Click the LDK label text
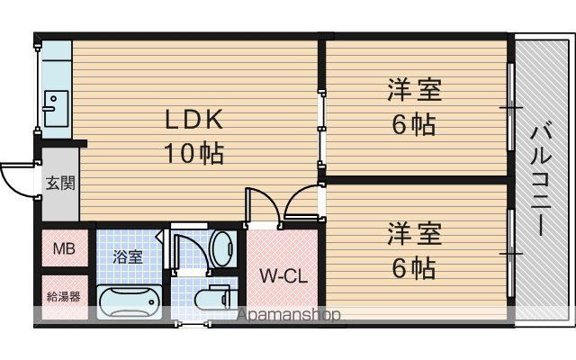pos(194,120)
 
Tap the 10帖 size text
pos(194,153)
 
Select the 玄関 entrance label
pos(60,183)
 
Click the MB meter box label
pos(64,249)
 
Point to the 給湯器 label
pos(64,296)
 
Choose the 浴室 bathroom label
pos(128,256)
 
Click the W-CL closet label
pos(283,276)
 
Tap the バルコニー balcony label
pos(541,180)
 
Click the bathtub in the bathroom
pos(129,302)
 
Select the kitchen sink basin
pos(56,109)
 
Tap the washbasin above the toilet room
pos(223,248)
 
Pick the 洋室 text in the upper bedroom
pos(414,89)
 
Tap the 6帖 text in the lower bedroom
pos(414,268)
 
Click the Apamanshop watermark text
pos(289,315)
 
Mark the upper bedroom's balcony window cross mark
pos(510,107)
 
